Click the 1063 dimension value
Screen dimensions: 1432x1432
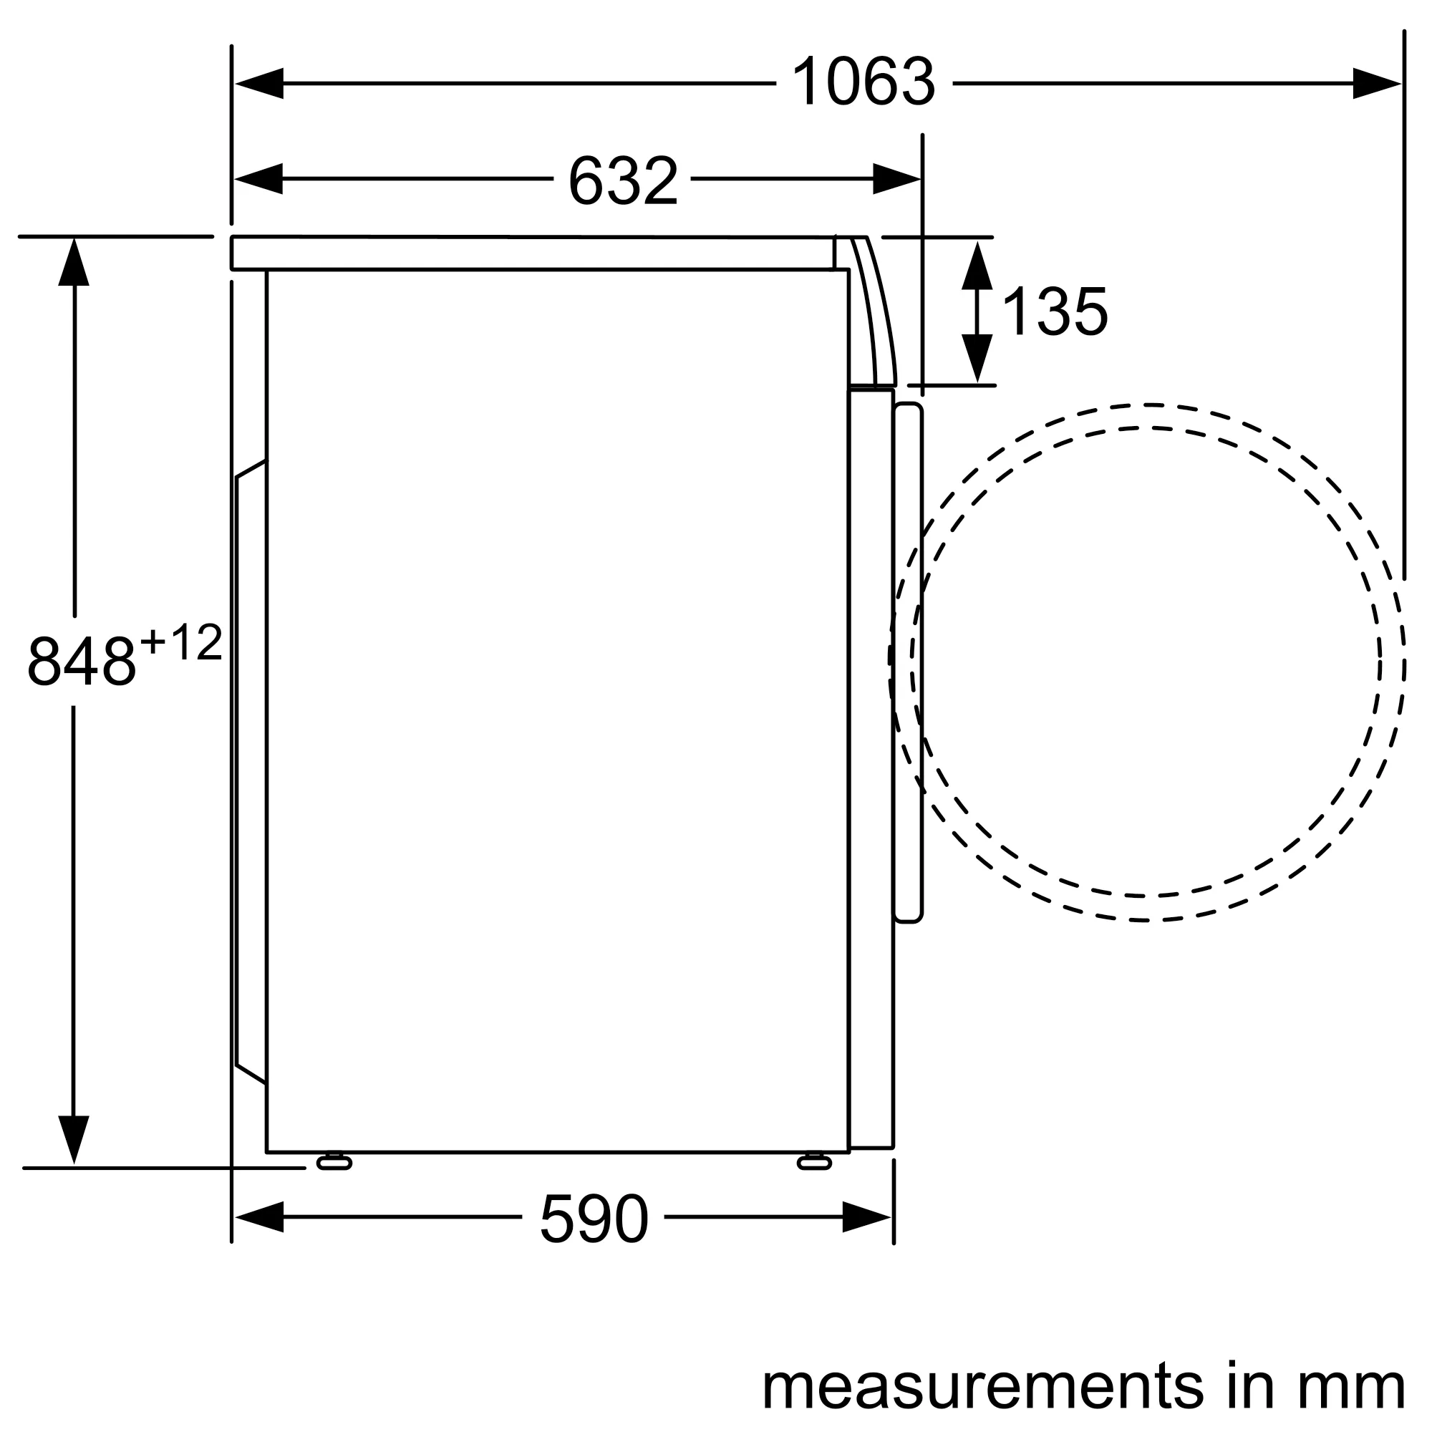point(863,83)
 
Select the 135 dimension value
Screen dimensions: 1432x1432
point(1054,312)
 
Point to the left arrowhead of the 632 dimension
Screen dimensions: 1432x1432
point(259,178)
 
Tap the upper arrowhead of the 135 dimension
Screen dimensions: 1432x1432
point(977,266)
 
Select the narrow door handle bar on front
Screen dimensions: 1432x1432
point(908,664)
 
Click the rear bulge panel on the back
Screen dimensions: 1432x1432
point(251,771)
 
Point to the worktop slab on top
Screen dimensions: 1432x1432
point(533,253)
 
